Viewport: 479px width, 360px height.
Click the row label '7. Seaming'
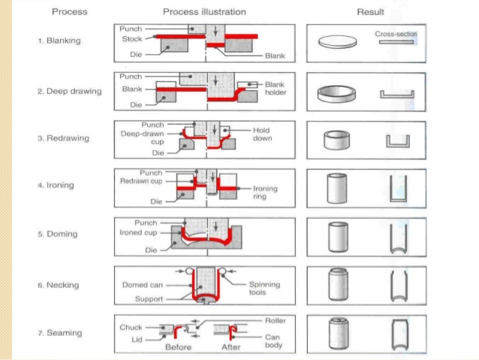pos(61,333)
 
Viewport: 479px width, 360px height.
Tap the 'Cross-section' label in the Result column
pos(396,34)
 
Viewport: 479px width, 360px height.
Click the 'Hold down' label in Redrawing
pos(261,134)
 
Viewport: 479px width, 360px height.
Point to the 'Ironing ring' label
pos(265,192)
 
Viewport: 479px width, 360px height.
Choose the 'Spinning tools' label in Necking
pos(264,289)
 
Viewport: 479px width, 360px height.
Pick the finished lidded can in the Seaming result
pos(338,333)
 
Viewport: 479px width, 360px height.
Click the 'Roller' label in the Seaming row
pos(275,321)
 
